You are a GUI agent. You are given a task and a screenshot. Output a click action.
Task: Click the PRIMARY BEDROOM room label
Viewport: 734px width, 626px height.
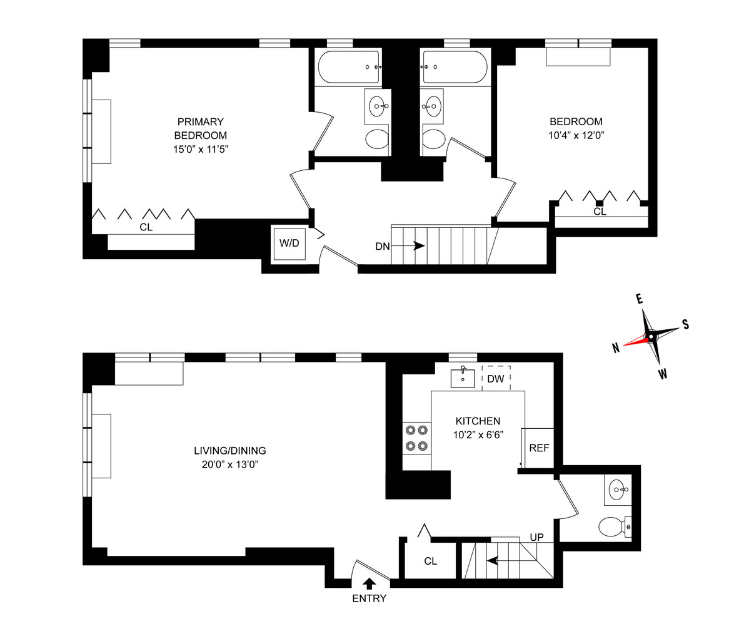tap(200, 128)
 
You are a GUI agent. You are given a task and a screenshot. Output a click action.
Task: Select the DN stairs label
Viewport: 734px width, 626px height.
tap(383, 247)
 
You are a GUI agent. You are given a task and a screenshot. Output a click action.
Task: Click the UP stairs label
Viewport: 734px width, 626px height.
tap(536, 537)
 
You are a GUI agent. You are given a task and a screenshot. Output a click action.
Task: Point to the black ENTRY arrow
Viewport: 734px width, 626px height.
tap(370, 583)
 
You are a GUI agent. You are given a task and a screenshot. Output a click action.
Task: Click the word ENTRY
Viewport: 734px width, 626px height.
tap(369, 598)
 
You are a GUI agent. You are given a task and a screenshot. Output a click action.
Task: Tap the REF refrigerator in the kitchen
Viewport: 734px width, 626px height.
tap(538, 448)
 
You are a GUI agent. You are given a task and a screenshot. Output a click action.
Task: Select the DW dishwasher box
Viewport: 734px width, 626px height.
tap(496, 379)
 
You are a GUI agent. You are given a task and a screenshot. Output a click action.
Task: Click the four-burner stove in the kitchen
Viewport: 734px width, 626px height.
tap(417, 438)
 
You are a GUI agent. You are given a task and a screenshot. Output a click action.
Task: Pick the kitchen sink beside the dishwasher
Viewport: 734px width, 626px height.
tap(463, 379)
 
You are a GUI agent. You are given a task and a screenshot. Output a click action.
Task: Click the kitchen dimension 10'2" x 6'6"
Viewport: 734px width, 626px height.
tap(478, 434)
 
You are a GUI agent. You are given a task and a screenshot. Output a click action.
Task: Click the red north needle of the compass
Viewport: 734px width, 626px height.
tap(634, 342)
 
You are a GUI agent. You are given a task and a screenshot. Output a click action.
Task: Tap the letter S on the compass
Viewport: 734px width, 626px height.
tap(685, 324)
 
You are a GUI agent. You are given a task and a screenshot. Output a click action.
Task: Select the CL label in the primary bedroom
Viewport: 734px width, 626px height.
tap(146, 228)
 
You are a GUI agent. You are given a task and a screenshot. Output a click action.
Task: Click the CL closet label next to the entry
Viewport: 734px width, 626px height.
tap(430, 561)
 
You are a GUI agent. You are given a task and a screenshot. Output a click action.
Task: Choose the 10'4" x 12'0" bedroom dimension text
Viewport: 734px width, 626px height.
tap(576, 135)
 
